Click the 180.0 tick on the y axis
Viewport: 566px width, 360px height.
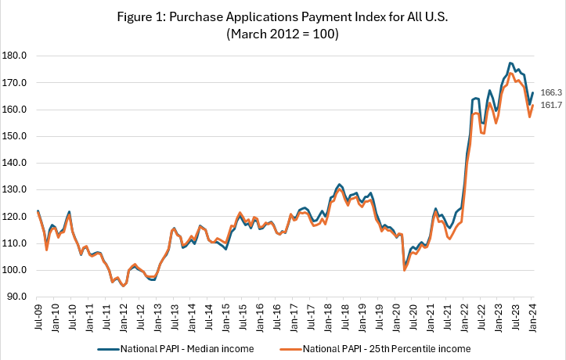coord(16,56)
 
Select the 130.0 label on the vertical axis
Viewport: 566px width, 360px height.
coord(16,189)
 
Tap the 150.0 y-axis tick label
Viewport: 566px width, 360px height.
coord(16,136)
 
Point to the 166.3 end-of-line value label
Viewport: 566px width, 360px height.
coord(551,92)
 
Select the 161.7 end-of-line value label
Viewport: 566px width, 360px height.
coord(551,105)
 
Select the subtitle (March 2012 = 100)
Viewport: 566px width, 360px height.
coord(282,34)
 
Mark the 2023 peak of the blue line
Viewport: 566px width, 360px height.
coord(510,63)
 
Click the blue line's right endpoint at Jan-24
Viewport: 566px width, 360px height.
coord(532,93)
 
